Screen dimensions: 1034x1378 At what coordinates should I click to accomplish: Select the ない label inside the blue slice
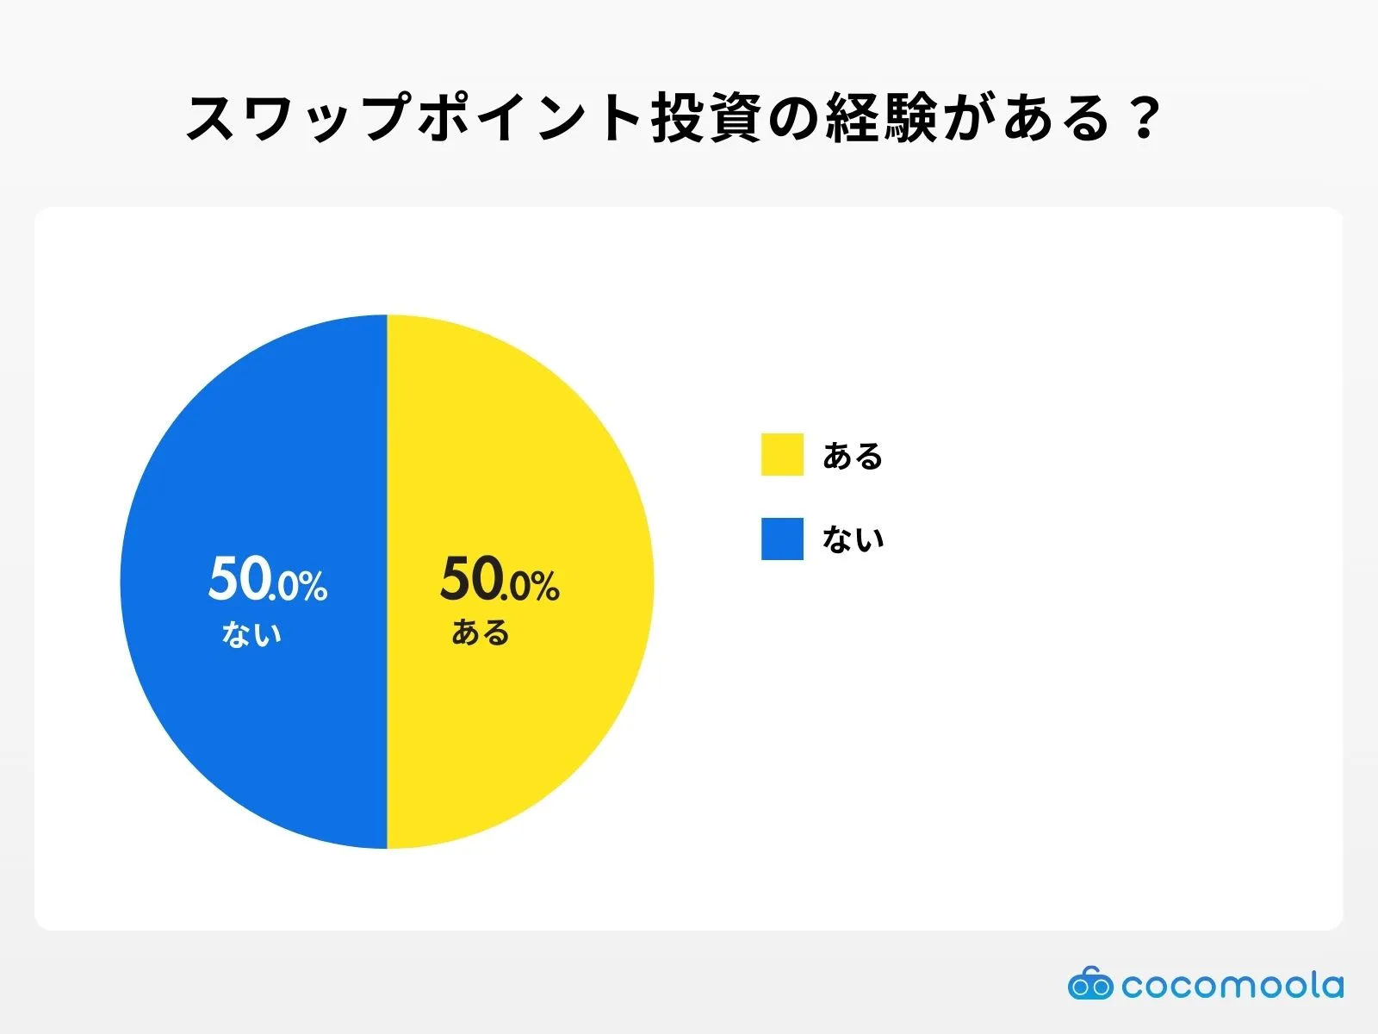[251, 634]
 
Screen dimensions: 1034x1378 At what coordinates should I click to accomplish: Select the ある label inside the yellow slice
[481, 632]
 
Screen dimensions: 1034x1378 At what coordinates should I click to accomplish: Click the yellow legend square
[782, 454]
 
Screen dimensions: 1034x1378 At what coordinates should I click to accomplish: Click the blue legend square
[782, 539]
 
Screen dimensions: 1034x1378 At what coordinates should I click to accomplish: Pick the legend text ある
[853, 456]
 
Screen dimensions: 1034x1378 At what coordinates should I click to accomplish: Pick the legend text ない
[853, 539]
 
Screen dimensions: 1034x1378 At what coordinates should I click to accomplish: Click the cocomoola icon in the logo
[1090, 984]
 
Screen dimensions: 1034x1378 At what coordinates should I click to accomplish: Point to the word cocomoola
[1232, 985]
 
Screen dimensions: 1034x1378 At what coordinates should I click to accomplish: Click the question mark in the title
[1145, 119]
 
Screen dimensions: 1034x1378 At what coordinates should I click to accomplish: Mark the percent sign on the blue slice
[313, 587]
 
